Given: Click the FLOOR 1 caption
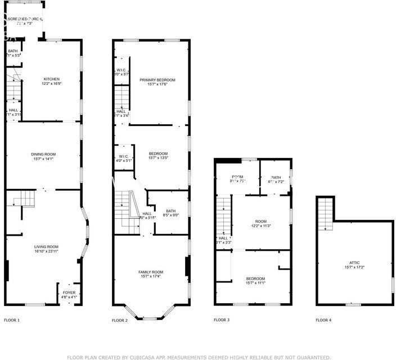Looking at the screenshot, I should pos(12,320).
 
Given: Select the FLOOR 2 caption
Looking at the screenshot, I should pos(120,320).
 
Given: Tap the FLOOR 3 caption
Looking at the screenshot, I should pos(221,320).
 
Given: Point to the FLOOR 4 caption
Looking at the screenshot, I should pos(323,320).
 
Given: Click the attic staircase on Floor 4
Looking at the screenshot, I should pos(326,214).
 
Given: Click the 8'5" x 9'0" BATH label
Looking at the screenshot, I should pos(171,213).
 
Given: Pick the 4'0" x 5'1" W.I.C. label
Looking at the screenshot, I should pos(124,158).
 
